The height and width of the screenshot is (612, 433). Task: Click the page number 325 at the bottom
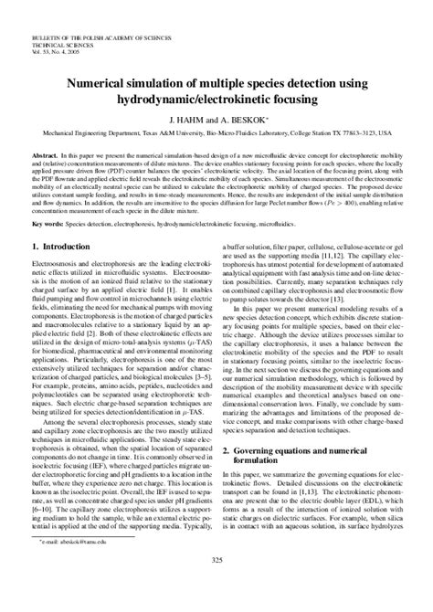click(216, 586)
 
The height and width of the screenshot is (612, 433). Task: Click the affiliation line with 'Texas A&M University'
click(216, 131)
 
